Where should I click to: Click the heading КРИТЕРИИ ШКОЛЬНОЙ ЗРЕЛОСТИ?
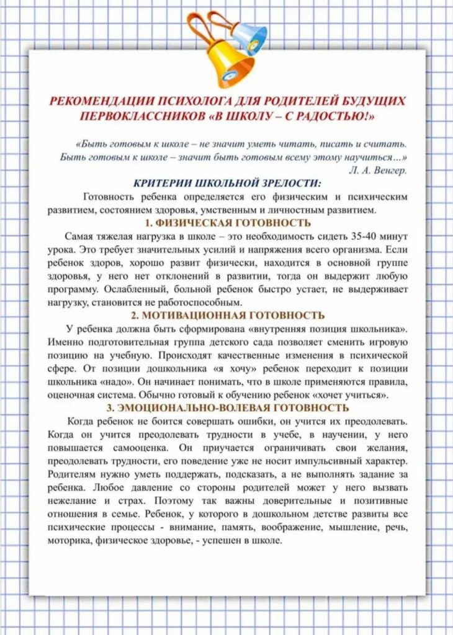(227, 184)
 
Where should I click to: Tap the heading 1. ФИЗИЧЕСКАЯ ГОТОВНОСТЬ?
(227, 223)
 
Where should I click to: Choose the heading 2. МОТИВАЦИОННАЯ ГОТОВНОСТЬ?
(227, 315)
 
